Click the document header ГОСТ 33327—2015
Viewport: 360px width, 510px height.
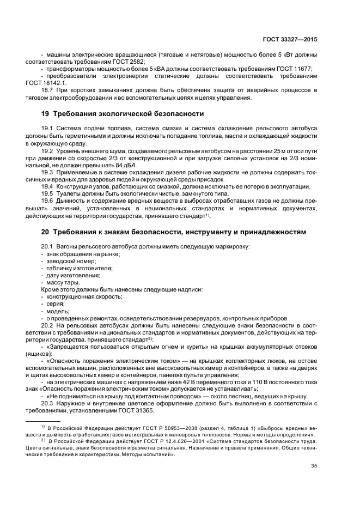[x=296, y=39]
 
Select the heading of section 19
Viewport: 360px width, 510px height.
[x=123, y=114]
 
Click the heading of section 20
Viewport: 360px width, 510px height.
[x=174, y=232]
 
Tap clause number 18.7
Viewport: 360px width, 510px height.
[x=49, y=91]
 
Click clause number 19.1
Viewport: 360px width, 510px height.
[x=49, y=127]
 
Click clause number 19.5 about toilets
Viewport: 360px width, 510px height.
[x=49, y=193]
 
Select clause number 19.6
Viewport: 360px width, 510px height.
[x=49, y=201]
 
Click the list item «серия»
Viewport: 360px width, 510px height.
[x=55, y=303]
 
